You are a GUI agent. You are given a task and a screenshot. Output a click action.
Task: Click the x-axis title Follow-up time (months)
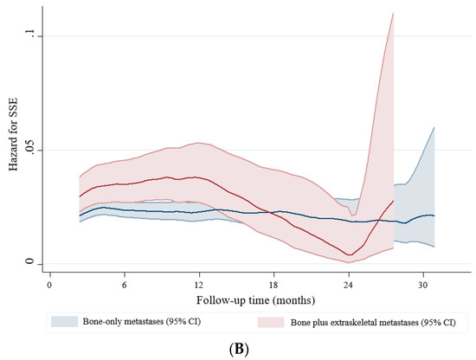click(236, 299)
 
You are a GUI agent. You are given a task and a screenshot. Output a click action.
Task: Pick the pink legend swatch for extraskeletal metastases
click(270, 321)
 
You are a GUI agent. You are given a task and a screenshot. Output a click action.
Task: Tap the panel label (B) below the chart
click(237, 348)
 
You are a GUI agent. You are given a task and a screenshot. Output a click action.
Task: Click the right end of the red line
click(394, 201)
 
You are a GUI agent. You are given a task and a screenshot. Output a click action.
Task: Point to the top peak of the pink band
click(393, 14)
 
